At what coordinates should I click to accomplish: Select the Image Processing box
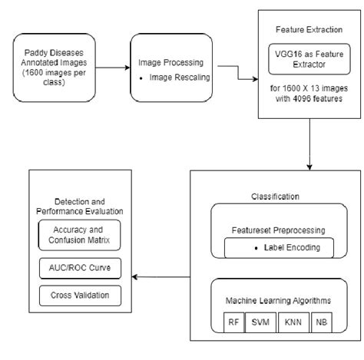[x=170, y=68]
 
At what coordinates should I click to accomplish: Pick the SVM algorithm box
[x=258, y=323]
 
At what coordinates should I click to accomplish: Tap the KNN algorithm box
[x=291, y=323]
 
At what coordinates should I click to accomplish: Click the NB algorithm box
[x=321, y=323]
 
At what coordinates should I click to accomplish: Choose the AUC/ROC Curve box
[x=79, y=267]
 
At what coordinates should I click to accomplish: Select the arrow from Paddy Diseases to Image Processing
[x=108, y=67]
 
